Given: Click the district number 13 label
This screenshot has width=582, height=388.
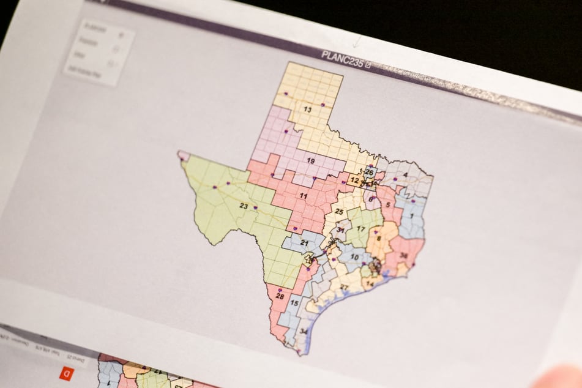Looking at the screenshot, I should point(308,110).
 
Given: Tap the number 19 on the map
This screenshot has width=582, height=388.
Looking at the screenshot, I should point(310,161).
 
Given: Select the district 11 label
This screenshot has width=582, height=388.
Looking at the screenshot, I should point(303,195).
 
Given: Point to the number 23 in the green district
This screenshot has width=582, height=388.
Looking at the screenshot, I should point(244,206).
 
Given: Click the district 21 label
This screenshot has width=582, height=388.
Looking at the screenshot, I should point(304,243).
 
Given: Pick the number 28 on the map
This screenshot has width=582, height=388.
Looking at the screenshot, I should point(280,296).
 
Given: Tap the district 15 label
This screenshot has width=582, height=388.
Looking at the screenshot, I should point(294,303).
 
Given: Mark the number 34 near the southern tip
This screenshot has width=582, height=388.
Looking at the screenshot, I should point(304,331).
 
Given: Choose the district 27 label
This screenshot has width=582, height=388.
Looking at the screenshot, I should point(344,287).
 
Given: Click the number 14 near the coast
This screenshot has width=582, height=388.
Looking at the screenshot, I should point(369,284).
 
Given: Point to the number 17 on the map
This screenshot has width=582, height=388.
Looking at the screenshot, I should point(361,229).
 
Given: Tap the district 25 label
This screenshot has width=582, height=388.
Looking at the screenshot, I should point(338,211).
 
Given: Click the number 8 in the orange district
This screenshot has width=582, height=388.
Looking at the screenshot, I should point(378,238).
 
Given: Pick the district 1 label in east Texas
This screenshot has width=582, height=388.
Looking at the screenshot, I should point(412,216).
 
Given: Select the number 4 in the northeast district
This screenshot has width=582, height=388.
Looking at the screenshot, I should point(405,175).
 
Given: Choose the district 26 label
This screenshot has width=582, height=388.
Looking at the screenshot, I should point(369,172).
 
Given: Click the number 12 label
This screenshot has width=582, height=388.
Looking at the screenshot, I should point(354,181).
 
